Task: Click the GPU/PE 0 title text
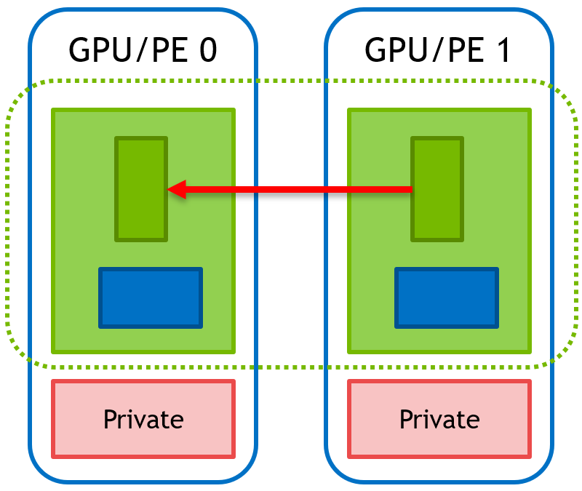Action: pyautogui.click(x=143, y=50)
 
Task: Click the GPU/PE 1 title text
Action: pyautogui.click(x=439, y=50)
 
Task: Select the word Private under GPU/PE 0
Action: pyautogui.click(x=143, y=419)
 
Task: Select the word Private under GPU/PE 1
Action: pyautogui.click(x=439, y=419)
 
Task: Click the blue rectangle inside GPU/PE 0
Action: pyautogui.click(x=151, y=298)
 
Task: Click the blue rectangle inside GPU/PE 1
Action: pyautogui.click(x=447, y=298)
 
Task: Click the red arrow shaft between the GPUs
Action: pyautogui.click(x=291, y=189)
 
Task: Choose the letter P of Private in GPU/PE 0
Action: pyautogui.click(x=110, y=419)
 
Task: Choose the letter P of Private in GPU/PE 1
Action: pyautogui.click(x=406, y=419)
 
